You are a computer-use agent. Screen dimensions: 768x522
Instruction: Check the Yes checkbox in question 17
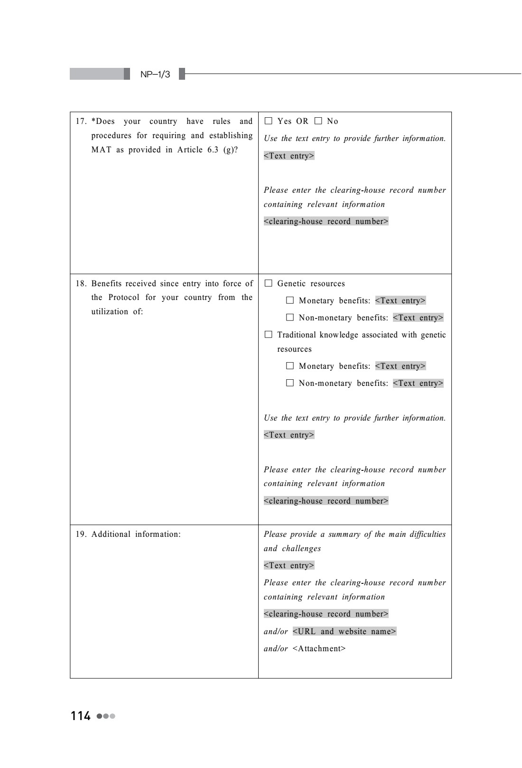pyautogui.click(x=269, y=121)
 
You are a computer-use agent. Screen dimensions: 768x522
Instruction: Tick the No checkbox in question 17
pyautogui.click(x=318, y=121)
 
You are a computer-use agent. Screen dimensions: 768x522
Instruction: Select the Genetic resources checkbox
pyautogui.click(x=269, y=283)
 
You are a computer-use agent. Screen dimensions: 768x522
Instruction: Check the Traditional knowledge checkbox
pyautogui.click(x=269, y=335)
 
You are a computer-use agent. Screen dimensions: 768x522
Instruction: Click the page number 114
pyautogui.click(x=81, y=716)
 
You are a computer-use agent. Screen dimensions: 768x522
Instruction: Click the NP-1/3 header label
pyautogui.click(x=155, y=75)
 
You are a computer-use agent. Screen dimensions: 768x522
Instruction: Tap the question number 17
pyautogui.click(x=81, y=122)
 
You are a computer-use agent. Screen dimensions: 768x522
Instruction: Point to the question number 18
pyautogui.click(x=81, y=284)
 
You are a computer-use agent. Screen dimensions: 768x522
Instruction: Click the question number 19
pyautogui.click(x=81, y=534)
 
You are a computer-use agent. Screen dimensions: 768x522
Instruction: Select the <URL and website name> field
pyautogui.click(x=345, y=631)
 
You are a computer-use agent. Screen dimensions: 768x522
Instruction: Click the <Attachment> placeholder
pyautogui.click(x=319, y=648)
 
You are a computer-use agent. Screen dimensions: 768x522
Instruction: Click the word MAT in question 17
pyautogui.click(x=101, y=150)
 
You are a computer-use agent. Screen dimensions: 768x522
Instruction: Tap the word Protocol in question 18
pyautogui.click(x=124, y=298)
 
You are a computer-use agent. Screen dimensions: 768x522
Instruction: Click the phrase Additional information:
pyautogui.click(x=136, y=534)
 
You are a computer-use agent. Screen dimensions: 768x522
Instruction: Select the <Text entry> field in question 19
pyautogui.click(x=289, y=565)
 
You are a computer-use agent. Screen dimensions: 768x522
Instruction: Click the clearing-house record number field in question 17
pyautogui.click(x=326, y=221)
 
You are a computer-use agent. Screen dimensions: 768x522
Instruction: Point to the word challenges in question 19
pyautogui.click(x=301, y=549)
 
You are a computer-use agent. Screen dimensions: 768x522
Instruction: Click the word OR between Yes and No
pyautogui.click(x=302, y=122)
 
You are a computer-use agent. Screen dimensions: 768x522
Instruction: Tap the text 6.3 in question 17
pyautogui.click(x=213, y=150)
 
